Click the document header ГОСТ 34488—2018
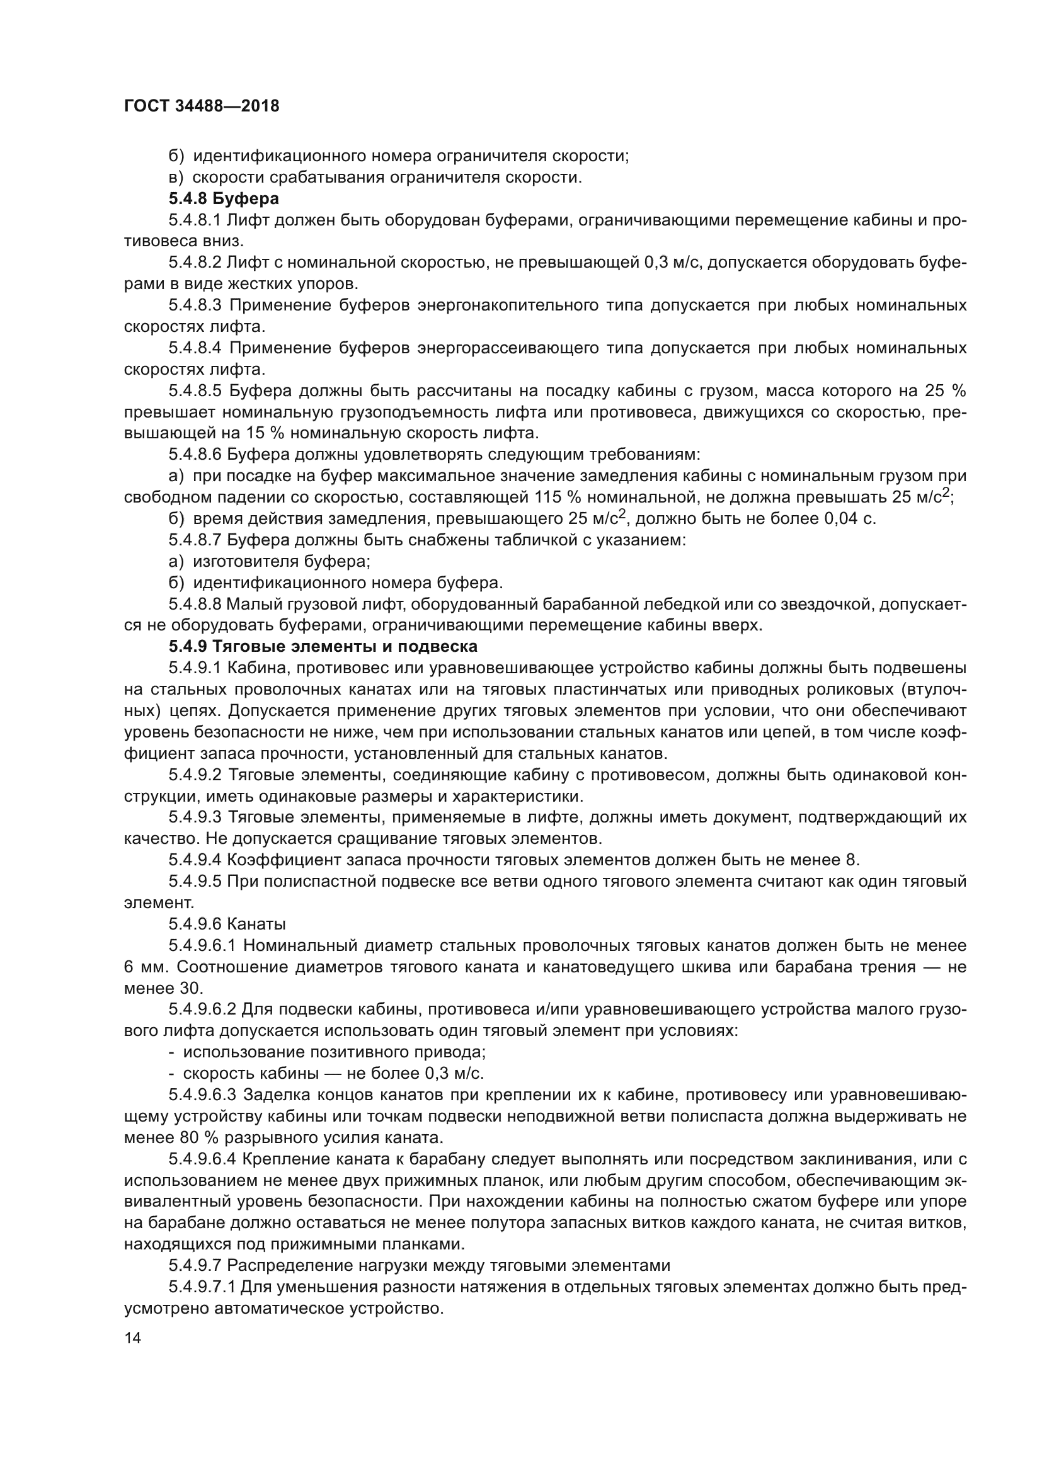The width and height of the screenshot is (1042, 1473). coord(202,106)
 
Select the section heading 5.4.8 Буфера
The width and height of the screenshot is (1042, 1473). coord(223,199)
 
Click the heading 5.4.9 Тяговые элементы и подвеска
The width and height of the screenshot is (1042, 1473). coord(323,647)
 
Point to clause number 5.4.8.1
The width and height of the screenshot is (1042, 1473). coord(195,220)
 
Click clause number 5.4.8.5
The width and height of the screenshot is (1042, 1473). coord(195,390)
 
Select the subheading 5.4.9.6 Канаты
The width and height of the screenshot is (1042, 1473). coord(227,924)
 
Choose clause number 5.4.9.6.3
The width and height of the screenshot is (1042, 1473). coord(203,1095)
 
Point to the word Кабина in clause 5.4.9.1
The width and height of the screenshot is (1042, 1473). coord(252,668)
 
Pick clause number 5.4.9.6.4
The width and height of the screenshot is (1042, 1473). coord(203,1159)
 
